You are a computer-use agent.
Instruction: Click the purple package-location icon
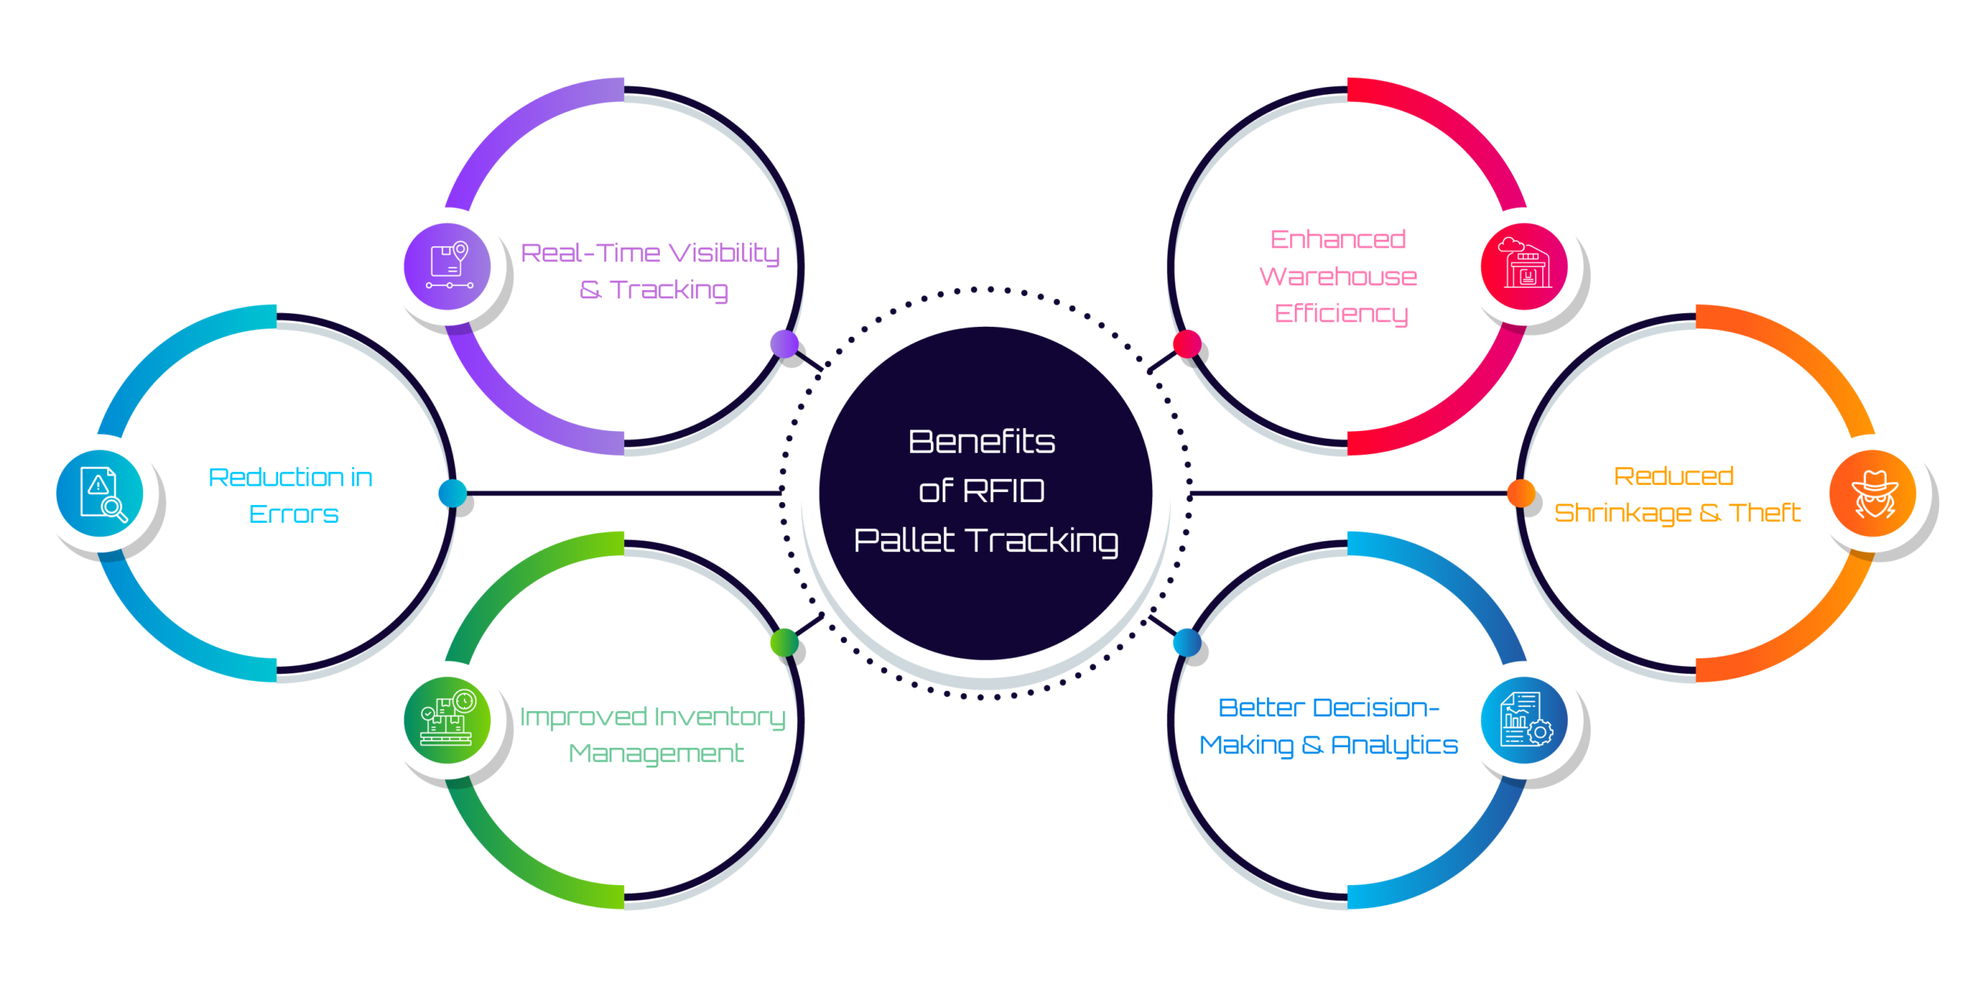tap(447, 267)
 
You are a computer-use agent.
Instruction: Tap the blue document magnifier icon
tap(99, 493)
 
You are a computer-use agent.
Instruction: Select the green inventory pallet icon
tap(447, 720)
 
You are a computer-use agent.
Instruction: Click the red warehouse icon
tap(1524, 267)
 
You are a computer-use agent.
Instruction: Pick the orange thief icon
tap(1872, 493)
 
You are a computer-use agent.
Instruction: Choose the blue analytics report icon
tap(1524, 720)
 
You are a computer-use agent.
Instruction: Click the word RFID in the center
tap(1003, 490)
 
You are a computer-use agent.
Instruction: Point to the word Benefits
tap(981, 442)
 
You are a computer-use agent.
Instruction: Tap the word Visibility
tap(724, 253)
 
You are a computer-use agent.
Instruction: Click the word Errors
tap(294, 514)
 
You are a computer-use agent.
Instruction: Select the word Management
tap(656, 753)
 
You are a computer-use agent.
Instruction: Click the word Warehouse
tap(1338, 276)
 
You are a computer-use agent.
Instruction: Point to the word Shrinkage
tap(1622, 513)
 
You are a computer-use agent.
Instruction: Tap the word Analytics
tap(1394, 745)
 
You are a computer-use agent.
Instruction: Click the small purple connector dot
tap(785, 344)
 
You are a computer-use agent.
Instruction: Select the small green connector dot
tap(785, 642)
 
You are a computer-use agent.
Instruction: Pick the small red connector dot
tap(1187, 344)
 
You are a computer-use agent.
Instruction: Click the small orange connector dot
tap(1521, 493)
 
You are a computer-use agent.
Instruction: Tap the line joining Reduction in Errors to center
tap(617, 493)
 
